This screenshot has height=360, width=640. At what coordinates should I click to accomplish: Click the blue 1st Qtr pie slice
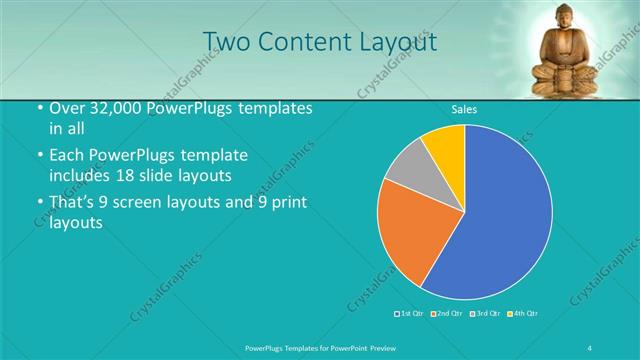(x=500, y=220)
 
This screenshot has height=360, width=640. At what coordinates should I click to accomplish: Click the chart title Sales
(x=464, y=108)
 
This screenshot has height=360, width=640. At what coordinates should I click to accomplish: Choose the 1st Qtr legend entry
(x=411, y=314)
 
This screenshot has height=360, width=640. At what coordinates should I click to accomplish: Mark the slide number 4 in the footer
(x=589, y=346)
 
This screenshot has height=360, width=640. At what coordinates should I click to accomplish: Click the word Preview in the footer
(x=394, y=346)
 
